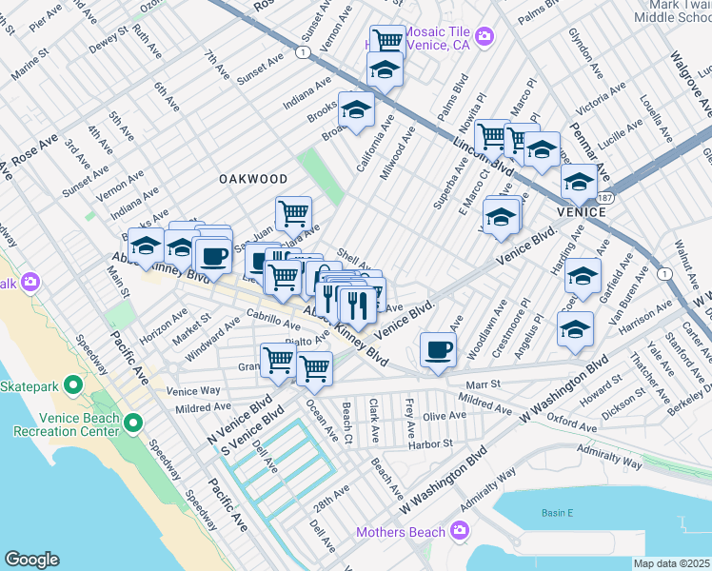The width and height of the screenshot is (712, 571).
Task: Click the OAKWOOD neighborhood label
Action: click(x=252, y=179)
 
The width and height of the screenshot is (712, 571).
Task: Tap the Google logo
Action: click(x=31, y=559)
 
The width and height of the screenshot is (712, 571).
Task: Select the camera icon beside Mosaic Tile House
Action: click(x=485, y=37)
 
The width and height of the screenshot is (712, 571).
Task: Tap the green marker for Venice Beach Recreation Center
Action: click(x=133, y=422)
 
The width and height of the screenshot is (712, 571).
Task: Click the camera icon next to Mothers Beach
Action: click(x=460, y=529)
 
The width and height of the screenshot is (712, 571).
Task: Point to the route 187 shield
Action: click(x=606, y=196)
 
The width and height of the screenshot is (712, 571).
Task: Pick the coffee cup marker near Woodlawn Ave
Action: click(x=438, y=348)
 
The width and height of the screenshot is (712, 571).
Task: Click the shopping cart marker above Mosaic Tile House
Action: click(x=386, y=41)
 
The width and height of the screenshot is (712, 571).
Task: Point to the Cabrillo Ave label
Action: click(x=247, y=321)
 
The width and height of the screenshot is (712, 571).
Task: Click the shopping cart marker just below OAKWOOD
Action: click(x=293, y=212)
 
